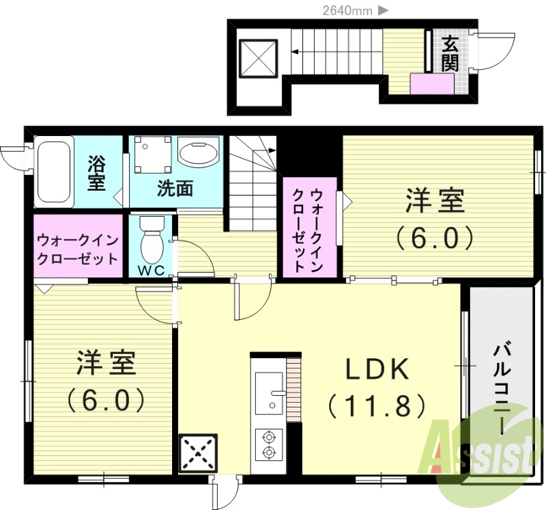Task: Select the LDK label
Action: click(x=377, y=370)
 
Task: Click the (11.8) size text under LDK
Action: click(x=377, y=406)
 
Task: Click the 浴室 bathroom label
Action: click(x=96, y=173)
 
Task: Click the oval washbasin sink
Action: click(x=198, y=152)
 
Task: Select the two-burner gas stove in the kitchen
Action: click(x=269, y=444)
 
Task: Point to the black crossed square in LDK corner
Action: click(x=198, y=453)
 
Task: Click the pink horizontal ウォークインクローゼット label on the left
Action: click(x=78, y=250)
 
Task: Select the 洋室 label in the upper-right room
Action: click(x=435, y=201)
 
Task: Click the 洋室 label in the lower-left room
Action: click(x=106, y=362)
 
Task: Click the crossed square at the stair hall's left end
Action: click(x=259, y=56)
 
